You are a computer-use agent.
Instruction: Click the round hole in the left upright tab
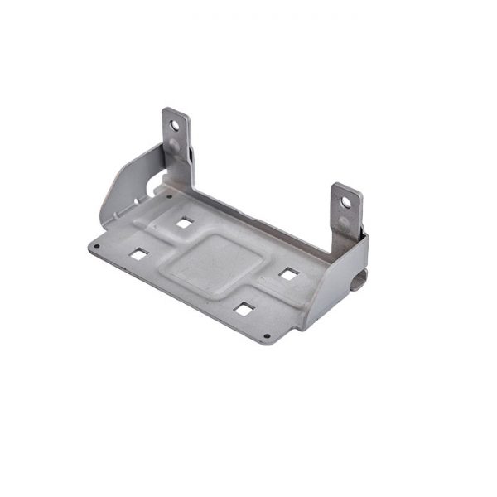click(x=174, y=126)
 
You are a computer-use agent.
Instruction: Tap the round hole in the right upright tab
click(x=345, y=201)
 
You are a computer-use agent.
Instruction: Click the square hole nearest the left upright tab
click(x=184, y=222)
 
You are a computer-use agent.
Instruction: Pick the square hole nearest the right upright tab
click(x=288, y=273)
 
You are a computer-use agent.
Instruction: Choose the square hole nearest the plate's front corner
click(x=244, y=309)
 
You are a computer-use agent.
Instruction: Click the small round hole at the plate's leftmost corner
click(x=96, y=246)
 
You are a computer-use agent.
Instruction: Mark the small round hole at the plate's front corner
click(x=266, y=336)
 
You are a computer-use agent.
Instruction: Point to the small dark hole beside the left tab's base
click(x=170, y=197)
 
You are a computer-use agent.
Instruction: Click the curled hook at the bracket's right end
click(x=359, y=280)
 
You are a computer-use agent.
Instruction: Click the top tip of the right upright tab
click(x=348, y=186)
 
